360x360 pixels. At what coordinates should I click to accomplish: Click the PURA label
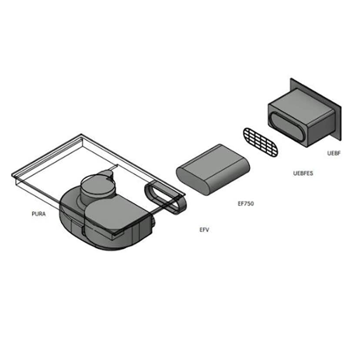click(39, 214)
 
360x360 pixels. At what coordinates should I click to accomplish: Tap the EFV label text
click(204, 230)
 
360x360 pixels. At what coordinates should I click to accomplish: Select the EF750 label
click(246, 203)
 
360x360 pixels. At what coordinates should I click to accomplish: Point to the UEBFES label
click(303, 173)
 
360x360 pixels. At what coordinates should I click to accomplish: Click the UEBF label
click(334, 153)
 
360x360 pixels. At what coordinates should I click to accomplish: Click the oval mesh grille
click(260, 142)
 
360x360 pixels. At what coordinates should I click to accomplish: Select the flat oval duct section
click(213, 170)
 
